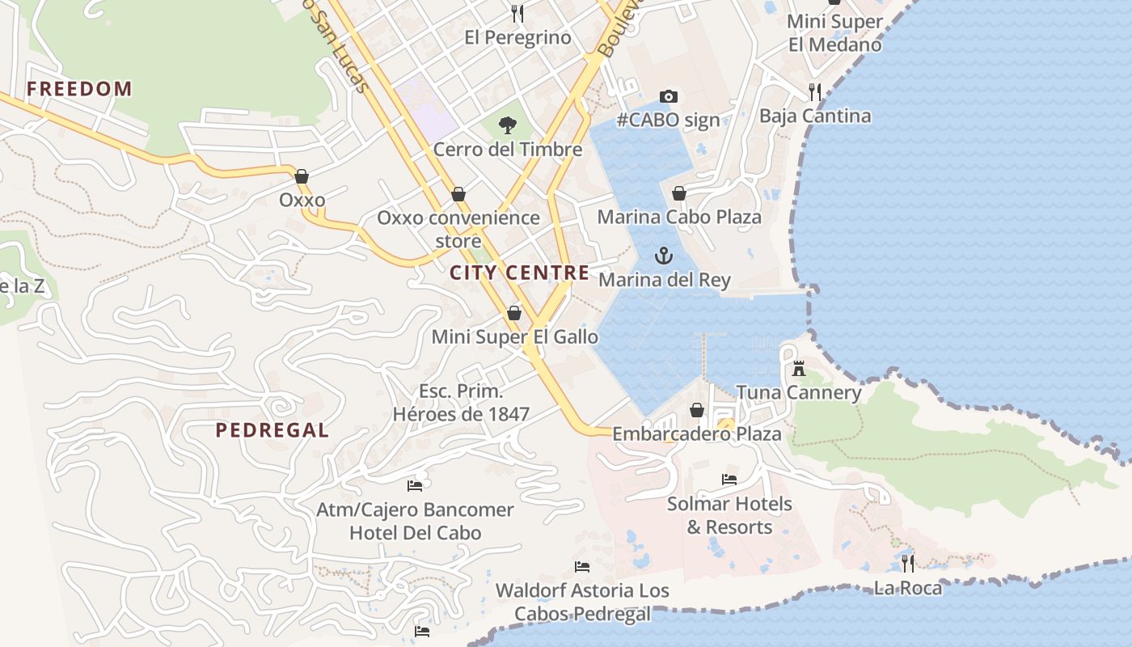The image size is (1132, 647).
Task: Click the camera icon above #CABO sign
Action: pos(668,97)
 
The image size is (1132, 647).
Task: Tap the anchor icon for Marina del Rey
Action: pos(664,256)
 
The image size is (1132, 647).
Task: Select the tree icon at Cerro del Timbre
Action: pos(508,125)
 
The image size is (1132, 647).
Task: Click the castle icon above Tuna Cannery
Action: pos(799,369)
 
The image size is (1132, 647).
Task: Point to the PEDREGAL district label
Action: pos(272,430)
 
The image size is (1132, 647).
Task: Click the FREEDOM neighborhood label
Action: pos(79,89)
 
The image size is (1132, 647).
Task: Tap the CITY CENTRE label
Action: pos(519,273)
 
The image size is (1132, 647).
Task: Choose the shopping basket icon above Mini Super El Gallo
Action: pos(514,313)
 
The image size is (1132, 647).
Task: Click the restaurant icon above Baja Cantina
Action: pos(815,91)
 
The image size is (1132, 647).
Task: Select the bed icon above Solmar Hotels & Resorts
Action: pos(729,480)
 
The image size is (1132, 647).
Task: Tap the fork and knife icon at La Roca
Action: pos(908,563)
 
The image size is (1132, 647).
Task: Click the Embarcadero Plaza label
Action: pos(697,434)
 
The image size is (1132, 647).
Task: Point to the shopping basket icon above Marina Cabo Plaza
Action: pos(679,193)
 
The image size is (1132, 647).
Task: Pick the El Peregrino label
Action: pos(517,38)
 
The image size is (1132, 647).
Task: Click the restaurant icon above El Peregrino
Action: pos(517,14)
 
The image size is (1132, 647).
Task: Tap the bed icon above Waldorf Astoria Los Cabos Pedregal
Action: pos(582,566)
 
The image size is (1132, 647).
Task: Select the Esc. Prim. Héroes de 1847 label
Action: pos(461,403)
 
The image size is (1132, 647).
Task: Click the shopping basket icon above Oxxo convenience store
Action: pos(458,194)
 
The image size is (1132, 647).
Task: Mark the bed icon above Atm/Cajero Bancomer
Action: pos(415,486)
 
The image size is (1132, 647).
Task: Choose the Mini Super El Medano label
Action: pos(834,33)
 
